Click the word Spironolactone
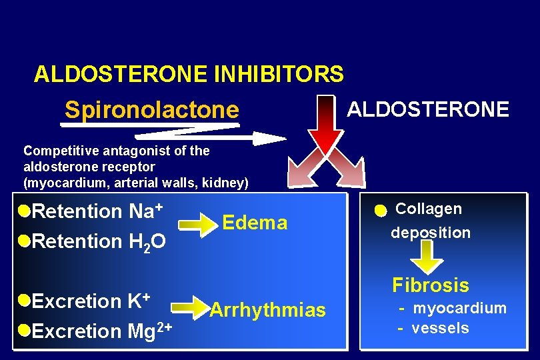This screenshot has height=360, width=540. [151, 110]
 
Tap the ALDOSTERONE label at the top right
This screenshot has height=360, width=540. [429, 109]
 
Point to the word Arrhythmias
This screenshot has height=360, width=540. [267, 310]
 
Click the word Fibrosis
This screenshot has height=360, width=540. [431, 285]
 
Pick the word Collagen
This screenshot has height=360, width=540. [428, 209]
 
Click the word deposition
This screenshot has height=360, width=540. [431, 233]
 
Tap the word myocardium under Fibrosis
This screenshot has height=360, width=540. [460, 308]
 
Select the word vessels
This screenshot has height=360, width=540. [441, 328]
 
